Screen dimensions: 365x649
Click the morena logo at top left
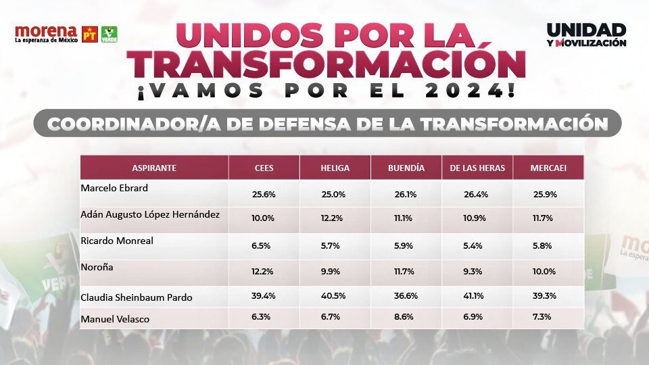[46, 34]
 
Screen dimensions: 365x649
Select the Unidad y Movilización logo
[586, 35]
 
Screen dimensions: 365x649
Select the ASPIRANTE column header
[154, 168]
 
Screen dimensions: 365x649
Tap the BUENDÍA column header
[406, 168]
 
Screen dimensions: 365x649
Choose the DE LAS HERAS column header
[477, 168]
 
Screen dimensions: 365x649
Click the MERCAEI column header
[548, 168]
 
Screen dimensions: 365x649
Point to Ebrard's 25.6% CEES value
[264, 194]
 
